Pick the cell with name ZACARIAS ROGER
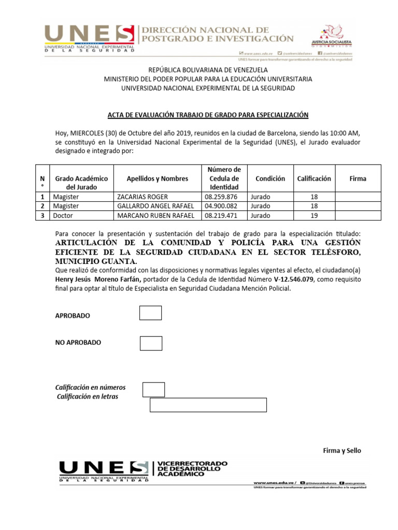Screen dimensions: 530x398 click(143, 197)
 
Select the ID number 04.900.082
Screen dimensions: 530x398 click(221, 206)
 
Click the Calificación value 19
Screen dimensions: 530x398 click(314, 215)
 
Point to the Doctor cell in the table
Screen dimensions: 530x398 click(63, 215)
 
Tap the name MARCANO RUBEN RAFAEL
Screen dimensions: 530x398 click(156, 215)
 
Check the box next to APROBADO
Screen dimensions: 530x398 click(150, 313)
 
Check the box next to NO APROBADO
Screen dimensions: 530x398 click(151, 343)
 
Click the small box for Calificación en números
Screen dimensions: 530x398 click(153, 390)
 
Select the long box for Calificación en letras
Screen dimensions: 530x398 click(208, 405)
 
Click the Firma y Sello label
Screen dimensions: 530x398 click(342, 451)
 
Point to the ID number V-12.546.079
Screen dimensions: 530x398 click(283, 279)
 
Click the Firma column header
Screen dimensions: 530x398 click(358, 179)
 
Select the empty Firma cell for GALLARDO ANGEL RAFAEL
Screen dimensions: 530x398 click(358, 206)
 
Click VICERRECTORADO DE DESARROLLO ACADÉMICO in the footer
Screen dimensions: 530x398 click(192, 467)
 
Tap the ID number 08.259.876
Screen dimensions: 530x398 click(221, 197)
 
